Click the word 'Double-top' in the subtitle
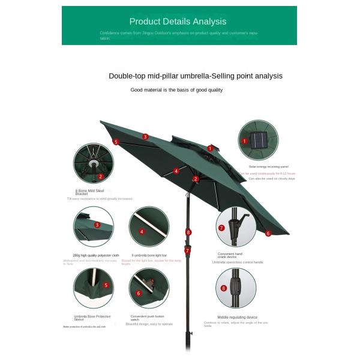point(124,76)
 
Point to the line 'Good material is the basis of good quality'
point(176,90)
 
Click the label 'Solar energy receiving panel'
point(269,167)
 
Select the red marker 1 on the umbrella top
point(210,148)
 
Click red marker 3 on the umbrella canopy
point(145,136)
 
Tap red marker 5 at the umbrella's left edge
point(116,142)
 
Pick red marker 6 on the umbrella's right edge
point(268,233)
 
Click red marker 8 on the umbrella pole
point(188,232)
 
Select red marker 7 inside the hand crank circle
point(221,228)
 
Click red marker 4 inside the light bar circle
point(142,232)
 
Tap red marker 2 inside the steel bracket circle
point(101,176)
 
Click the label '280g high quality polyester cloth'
point(95,255)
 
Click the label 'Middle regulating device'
point(237,317)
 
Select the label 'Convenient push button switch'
point(147,318)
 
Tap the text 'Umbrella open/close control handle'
point(238,262)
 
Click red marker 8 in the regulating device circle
point(224,288)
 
